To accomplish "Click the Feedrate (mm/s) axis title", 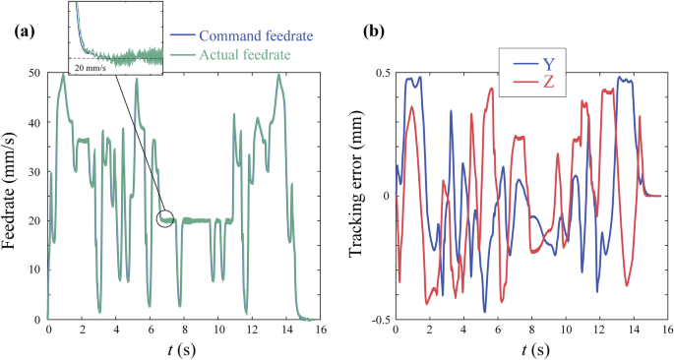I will coord(13,197).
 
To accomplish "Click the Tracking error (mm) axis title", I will coord(358,197).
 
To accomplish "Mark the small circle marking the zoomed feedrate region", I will coord(164,218).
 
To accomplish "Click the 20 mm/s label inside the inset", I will coord(94,69).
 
